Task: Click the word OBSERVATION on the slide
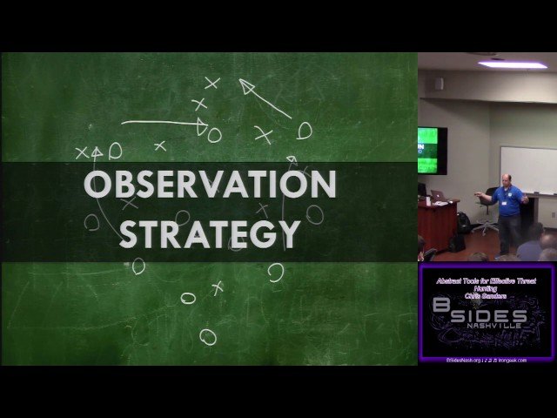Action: [x=210, y=185]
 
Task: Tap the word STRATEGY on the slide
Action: [x=210, y=233]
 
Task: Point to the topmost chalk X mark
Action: [x=211, y=84]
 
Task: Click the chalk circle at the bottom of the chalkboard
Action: [x=207, y=336]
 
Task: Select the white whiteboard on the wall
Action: [x=527, y=169]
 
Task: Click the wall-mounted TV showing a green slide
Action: [x=430, y=149]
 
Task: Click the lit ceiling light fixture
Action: [x=513, y=64]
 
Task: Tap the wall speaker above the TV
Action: [x=439, y=84]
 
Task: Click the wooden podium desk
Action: [x=439, y=224]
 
